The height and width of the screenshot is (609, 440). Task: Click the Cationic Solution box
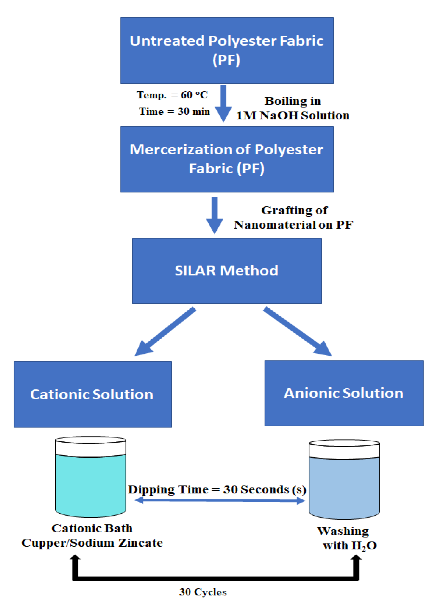[x=92, y=394]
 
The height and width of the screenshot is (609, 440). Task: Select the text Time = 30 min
[x=174, y=111]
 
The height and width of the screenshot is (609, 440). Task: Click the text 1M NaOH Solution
[x=293, y=116]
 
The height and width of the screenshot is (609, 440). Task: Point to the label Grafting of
[x=294, y=210]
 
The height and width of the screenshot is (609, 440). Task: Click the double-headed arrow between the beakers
[x=220, y=500]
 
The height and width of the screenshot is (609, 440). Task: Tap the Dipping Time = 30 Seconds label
[x=217, y=490]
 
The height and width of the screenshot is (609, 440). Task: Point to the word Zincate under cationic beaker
[x=140, y=543]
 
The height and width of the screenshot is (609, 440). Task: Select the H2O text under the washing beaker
[x=364, y=546]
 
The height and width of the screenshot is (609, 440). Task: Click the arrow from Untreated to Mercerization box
[x=223, y=103]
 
